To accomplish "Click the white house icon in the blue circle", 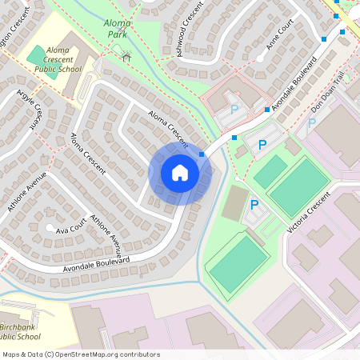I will pyautogui.click(x=180, y=172).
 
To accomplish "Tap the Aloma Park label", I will pyautogui.click(x=118, y=29).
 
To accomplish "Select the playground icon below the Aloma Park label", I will pyautogui.click(x=126, y=55).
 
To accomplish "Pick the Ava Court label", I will pyautogui.click(x=70, y=229).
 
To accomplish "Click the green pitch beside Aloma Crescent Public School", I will pyautogui.click(x=36, y=56).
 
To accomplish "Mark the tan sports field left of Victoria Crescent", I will pyautogui.click(x=234, y=203).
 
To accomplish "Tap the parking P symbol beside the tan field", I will pyautogui.click(x=254, y=205).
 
